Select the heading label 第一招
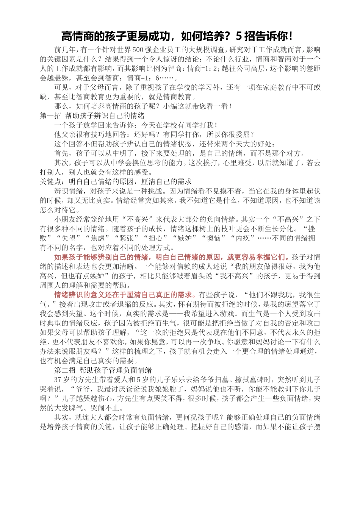point(50,116)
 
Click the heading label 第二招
point(65,370)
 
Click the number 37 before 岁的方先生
point(58,379)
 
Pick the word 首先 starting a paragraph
point(61,153)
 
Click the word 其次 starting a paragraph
point(61,163)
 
